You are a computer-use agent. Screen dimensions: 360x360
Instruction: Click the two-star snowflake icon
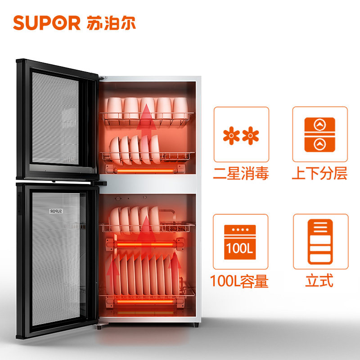click(x=241, y=135)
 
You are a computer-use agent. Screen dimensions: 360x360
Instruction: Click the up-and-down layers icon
click(x=320, y=135)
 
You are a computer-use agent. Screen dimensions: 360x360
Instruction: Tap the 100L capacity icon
click(x=241, y=242)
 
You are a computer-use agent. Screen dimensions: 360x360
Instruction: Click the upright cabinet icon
click(x=320, y=242)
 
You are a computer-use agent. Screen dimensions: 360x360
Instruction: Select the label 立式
click(x=319, y=282)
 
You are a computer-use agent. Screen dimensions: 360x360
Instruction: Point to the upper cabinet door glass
click(x=56, y=117)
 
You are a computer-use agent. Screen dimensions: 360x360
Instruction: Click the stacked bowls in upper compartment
click(x=135, y=148)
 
